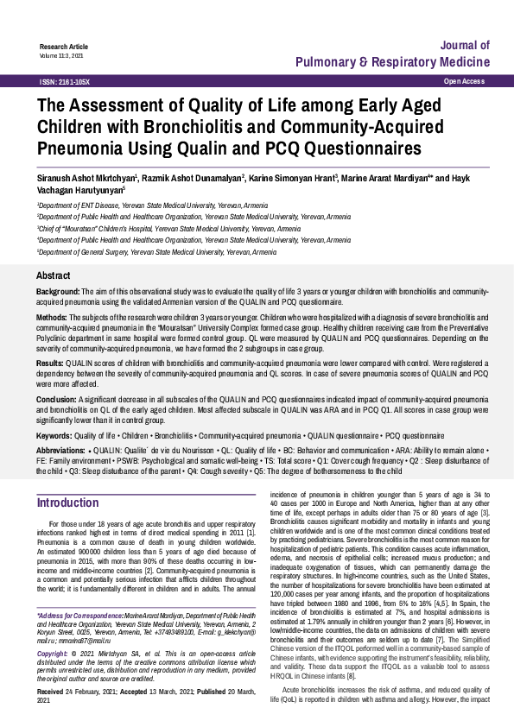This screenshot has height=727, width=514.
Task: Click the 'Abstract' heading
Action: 54,275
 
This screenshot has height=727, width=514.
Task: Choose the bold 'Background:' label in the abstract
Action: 58,294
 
